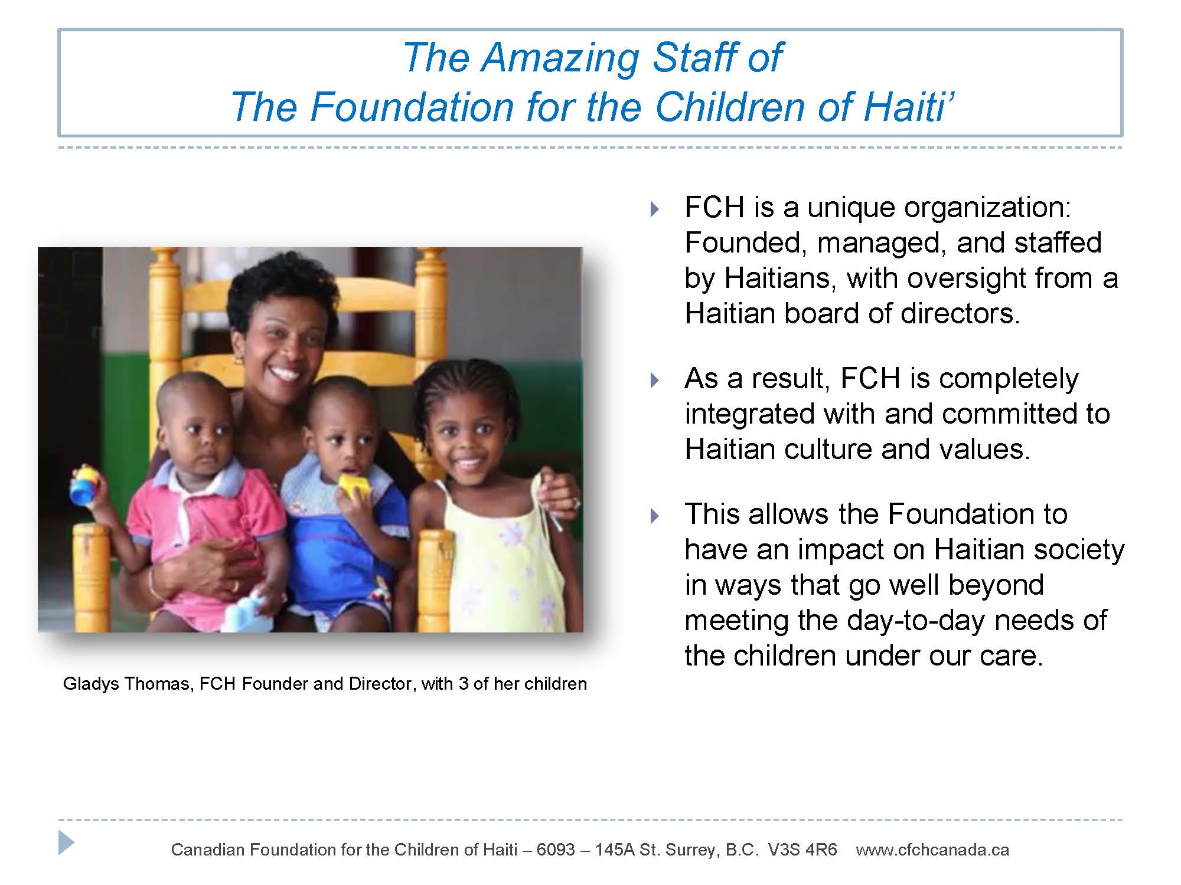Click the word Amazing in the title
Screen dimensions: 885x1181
[559, 58]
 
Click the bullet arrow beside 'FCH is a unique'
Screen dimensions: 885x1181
[653, 209]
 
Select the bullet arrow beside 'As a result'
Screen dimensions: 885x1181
[653, 380]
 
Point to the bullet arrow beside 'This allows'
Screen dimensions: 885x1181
[653, 516]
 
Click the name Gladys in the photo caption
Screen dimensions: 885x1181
[92, 684]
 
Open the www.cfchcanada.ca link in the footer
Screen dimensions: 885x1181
[932, 850]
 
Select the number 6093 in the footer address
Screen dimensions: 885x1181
[556, 850]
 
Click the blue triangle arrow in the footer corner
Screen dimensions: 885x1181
[66, 842]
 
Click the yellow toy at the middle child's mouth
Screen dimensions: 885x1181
[353, 486]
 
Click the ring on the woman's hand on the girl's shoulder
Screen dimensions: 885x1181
[576, 503]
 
